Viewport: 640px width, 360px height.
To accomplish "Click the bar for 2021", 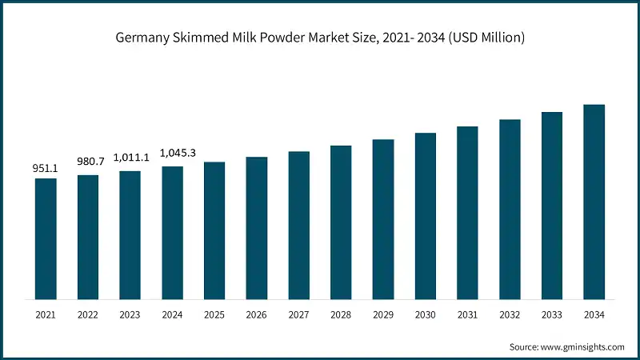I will coord(46,238).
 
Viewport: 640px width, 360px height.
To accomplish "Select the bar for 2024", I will coord(172,233).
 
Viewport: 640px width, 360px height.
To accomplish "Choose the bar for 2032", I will coord(510,209).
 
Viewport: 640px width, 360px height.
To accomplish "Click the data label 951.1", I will coord(46,169).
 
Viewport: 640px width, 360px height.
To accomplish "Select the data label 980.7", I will coord(88,162).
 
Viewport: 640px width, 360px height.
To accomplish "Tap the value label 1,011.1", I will coord(130,158).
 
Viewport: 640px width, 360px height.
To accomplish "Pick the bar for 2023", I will coord(130,235).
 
